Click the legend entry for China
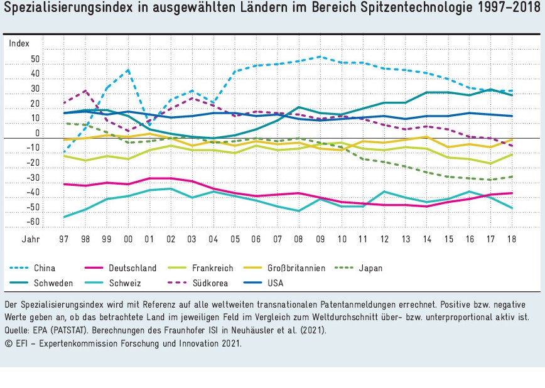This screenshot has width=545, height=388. point(45,268)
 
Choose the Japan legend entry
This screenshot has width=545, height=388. point(370,268)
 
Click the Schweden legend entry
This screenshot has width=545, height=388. point(53,283)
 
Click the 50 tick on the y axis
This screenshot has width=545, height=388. point(35,60)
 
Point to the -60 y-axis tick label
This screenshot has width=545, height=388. point(33,222)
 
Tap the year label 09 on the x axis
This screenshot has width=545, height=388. point(320,239)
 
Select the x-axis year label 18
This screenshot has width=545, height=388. point(511,239)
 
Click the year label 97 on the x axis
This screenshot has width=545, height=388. point(64,239)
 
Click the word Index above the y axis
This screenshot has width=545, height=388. point(19,43)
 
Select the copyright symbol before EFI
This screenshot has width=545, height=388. point(8,343)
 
